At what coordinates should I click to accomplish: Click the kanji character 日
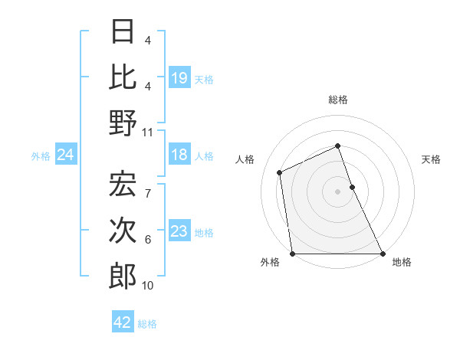pyautogui.click(x=123, y=32)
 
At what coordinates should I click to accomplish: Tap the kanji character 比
pyautogui.click(x=123, y=77)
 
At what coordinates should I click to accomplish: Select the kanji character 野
pyautogui.click(x=123, y=123)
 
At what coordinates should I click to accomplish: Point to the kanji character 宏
pyautogui.click(x=123, y=184)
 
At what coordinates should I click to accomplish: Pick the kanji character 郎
pyautogui.click(x=123, y=277)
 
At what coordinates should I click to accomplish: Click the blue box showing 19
pyautogui.click(x=179, y=78)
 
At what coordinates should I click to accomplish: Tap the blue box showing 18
pyautogui.click(x=179, y=155)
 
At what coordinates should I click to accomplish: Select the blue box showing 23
pyautogui.click(x=179, y=232)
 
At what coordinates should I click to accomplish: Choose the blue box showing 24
pyautogui.click(x=65, y=155)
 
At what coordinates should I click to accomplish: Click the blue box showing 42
pyautogui.click(x=123, y=322)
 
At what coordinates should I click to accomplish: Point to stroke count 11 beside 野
pyautogui.click(x=148, y=132)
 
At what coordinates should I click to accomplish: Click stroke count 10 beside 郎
pyautogui.click(x=148, y=286)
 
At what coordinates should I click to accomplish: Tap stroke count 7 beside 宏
pyautogui.click(x=148, y=185)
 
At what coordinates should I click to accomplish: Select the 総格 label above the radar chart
pyautogui.click(x=337, y=100)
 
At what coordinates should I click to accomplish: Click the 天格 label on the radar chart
pyautogui.click(x=431, y=159)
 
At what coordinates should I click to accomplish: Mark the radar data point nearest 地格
pyautogui.click(x=382, y=254)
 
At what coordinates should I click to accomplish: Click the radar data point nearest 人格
pyautogui.click(x=280, y=172)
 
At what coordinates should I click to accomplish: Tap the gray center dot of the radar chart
pyautogui.click(x=337, y=191)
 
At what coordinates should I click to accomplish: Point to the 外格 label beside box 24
pyautogui.click(x=41, y=156)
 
